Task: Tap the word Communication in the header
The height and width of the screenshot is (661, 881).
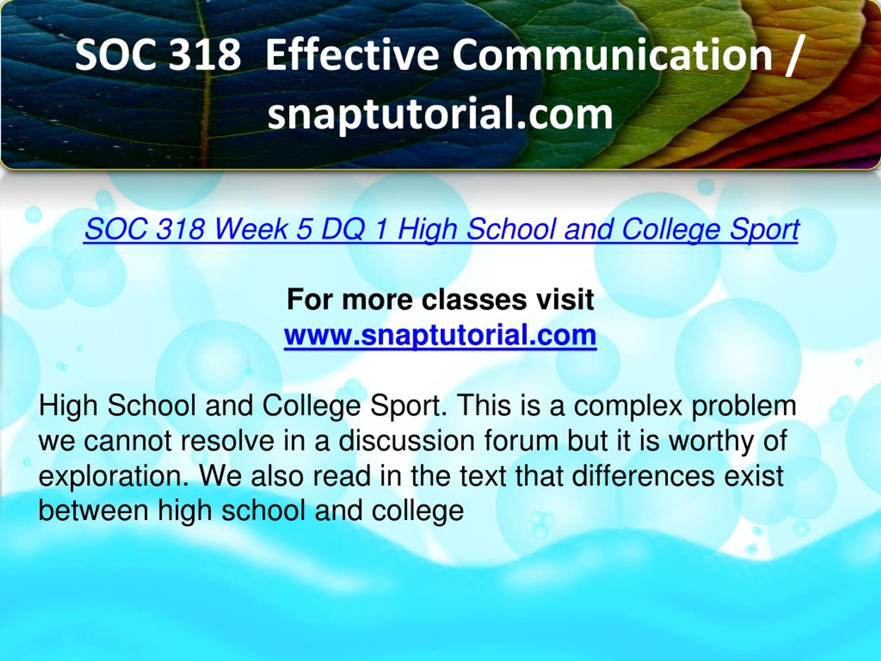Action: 613,55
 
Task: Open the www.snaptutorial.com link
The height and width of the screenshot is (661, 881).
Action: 440,335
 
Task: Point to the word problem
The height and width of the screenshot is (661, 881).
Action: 744,406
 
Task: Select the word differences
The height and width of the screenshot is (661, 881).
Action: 644,476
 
